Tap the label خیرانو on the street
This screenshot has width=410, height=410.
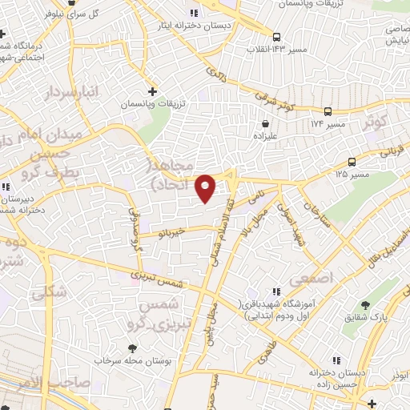coord(172,231)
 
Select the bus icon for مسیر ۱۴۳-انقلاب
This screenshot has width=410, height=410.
coord(276,37)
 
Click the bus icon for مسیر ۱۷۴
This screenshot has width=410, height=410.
coord(328,111)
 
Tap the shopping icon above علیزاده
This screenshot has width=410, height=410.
coord(265,124)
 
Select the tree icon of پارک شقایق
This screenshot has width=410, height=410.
coord(365,305)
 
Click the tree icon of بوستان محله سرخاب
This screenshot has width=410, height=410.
coord(132,348)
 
